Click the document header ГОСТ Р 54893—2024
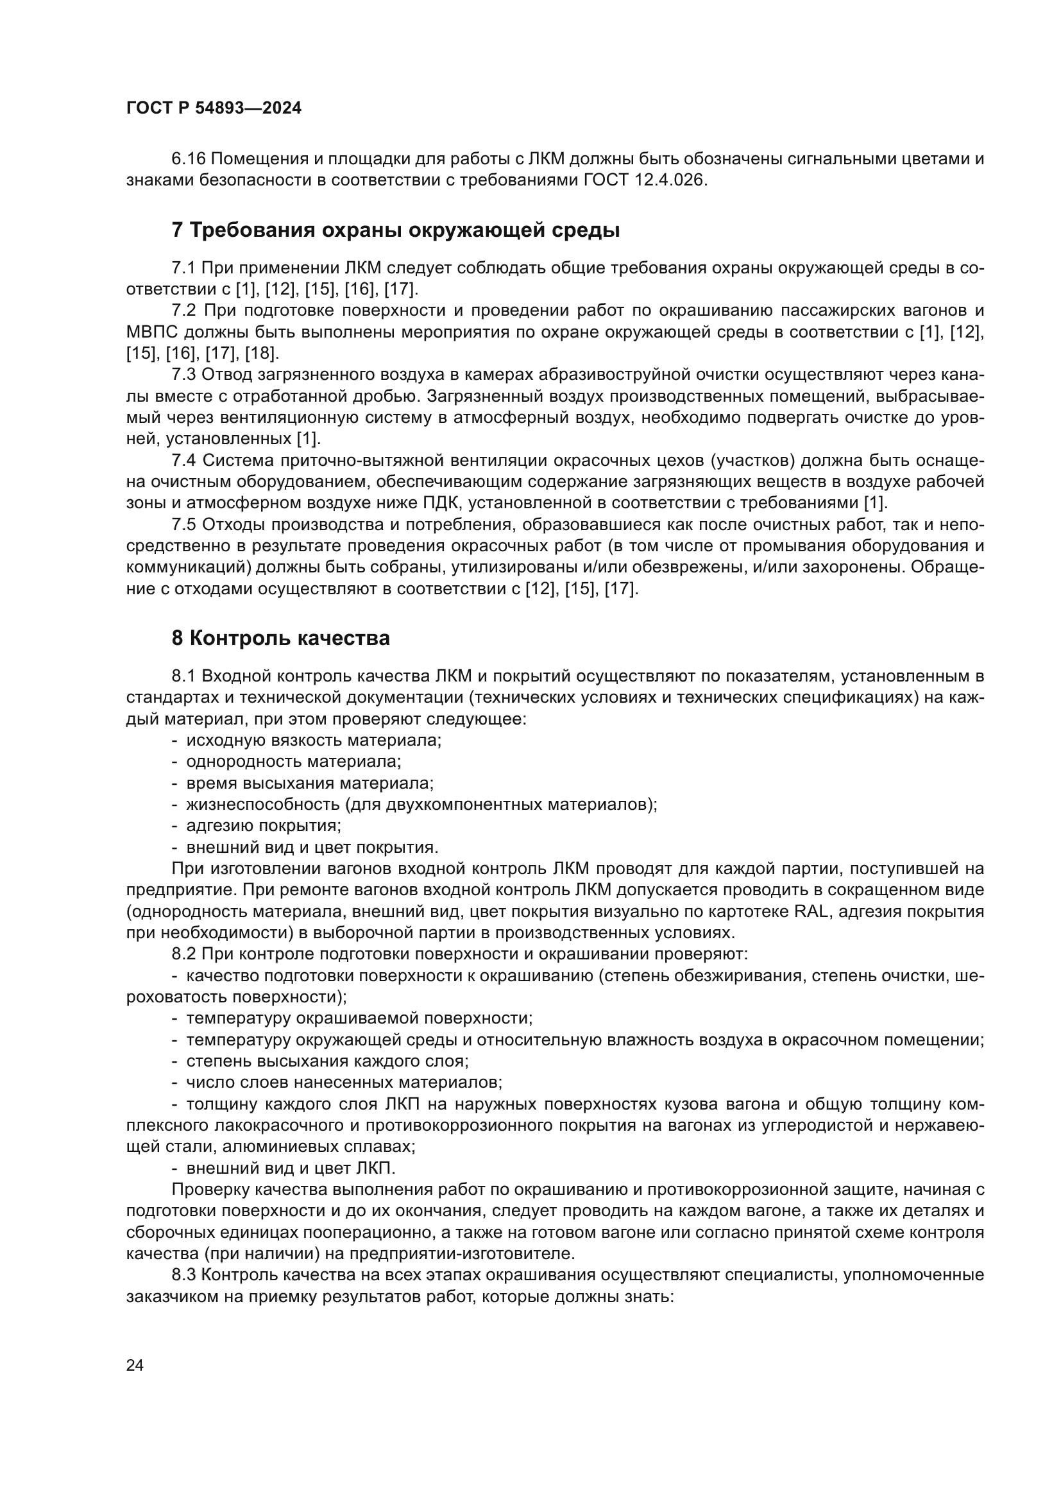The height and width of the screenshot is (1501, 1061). (x=214, y=108)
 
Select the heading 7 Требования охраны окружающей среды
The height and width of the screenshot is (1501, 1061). (x=395, y=230)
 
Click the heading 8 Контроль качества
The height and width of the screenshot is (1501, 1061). (x=280, y=638)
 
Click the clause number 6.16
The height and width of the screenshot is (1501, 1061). (x=188, y=159)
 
